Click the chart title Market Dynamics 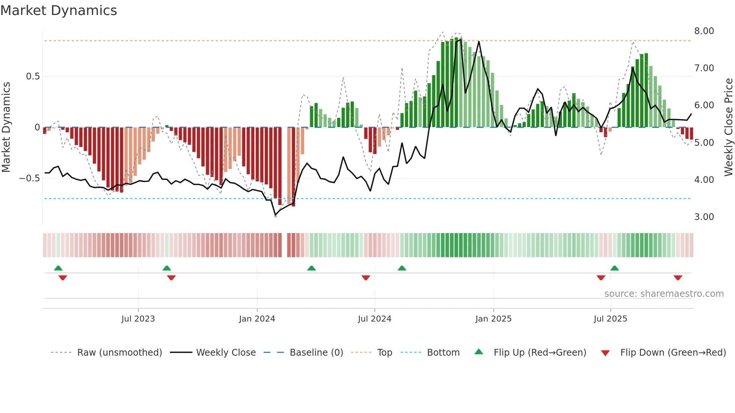click(58, 10)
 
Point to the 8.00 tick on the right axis click(704, 31)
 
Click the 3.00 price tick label click(704, 217)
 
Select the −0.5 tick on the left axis click(29, 178)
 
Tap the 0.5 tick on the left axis click(33, 76)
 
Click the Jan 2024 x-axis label click(257, 319)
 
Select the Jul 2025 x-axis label click(610, 319)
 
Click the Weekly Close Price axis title click(728, 127)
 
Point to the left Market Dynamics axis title click(6, 127)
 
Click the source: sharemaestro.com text click(664, 294)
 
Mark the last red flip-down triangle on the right click(678, 278)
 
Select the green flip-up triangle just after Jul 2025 click(614, 268)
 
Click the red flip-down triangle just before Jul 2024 click(366, 278)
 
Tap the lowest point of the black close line click(275, 215)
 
